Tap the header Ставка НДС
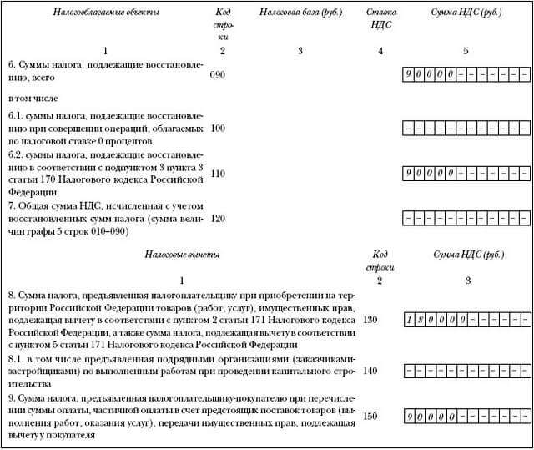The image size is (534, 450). pos(380,19)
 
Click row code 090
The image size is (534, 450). pos(219,75)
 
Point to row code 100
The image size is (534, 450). pos(219,129)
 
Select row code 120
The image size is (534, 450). pos(219,218)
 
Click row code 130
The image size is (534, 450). pos(370,320)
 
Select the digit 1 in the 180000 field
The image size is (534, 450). pos(409,320)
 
